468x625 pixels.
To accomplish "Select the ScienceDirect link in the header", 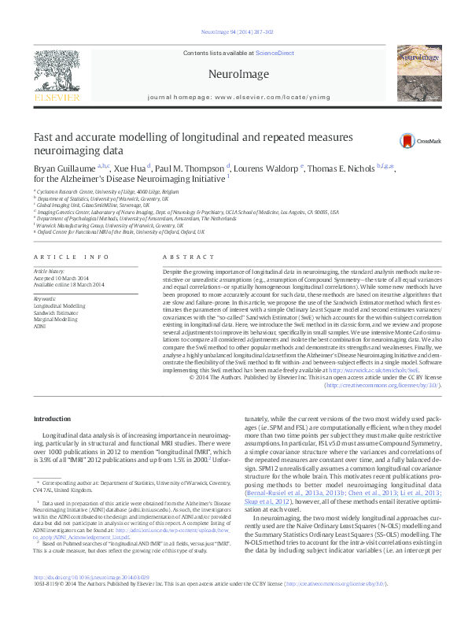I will tap(275, 53).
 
